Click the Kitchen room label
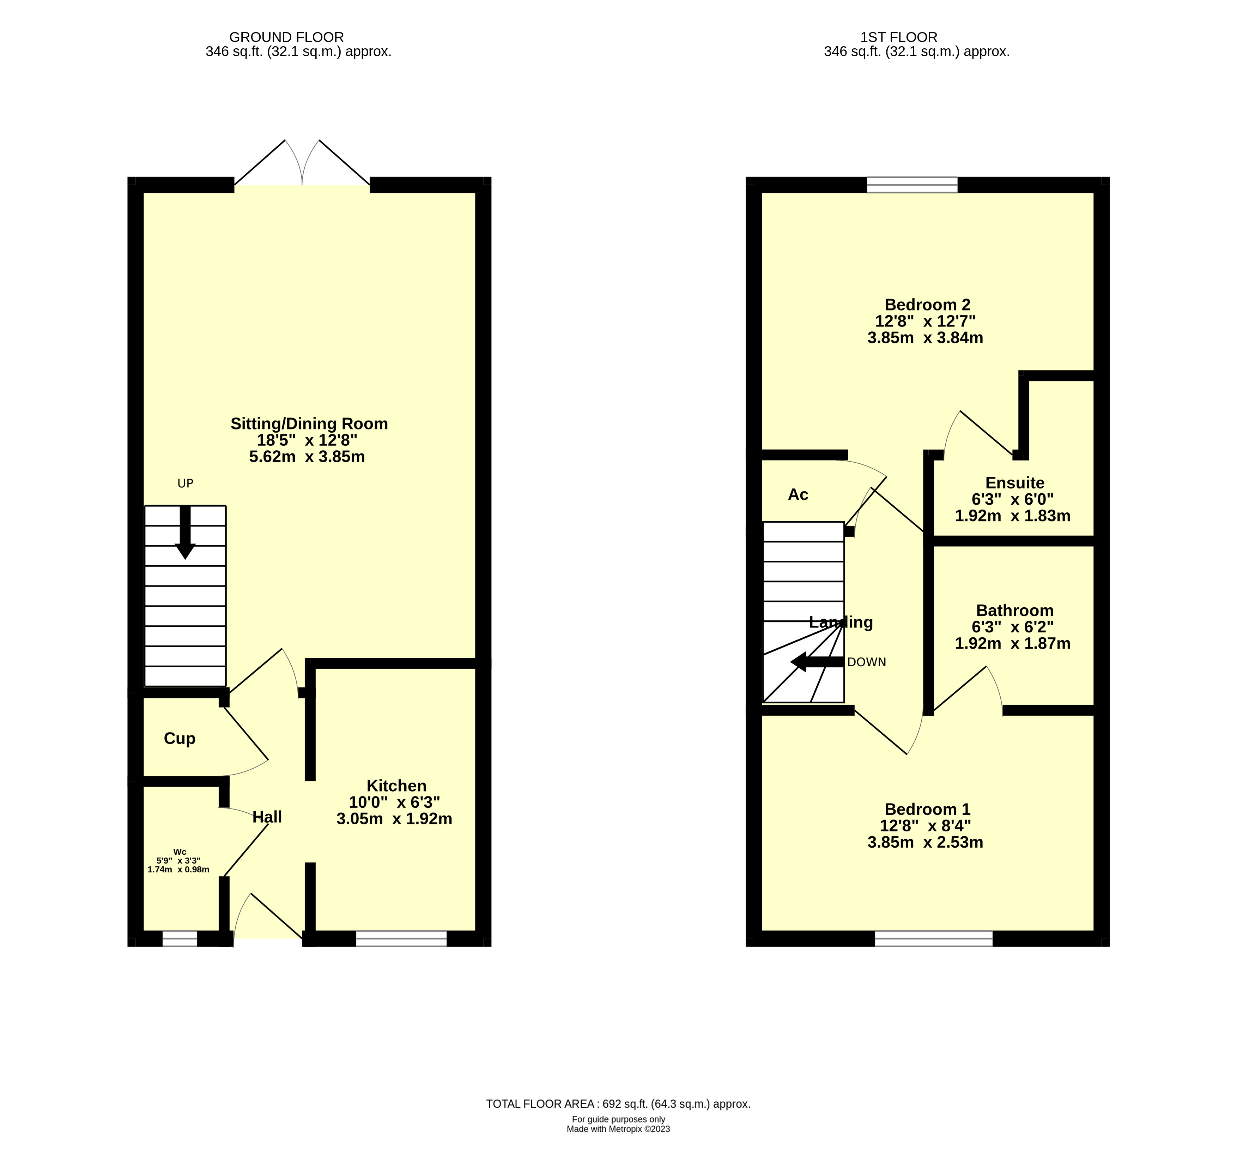point(396,786)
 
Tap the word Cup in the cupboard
point(180,739)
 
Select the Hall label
point(267,817)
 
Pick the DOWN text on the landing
point(866,662)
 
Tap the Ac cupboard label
point(798,495)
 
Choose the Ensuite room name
point(1014,483)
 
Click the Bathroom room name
point(1014,610)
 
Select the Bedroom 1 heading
point(927,809)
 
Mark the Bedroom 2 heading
point(927,305)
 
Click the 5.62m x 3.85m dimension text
point(307,456)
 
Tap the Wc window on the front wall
point(180,939)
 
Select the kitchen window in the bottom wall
point(401,939)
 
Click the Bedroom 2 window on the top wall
point(912,185)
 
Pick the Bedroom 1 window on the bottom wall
point(933,939)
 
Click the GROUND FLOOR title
point(286,37)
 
